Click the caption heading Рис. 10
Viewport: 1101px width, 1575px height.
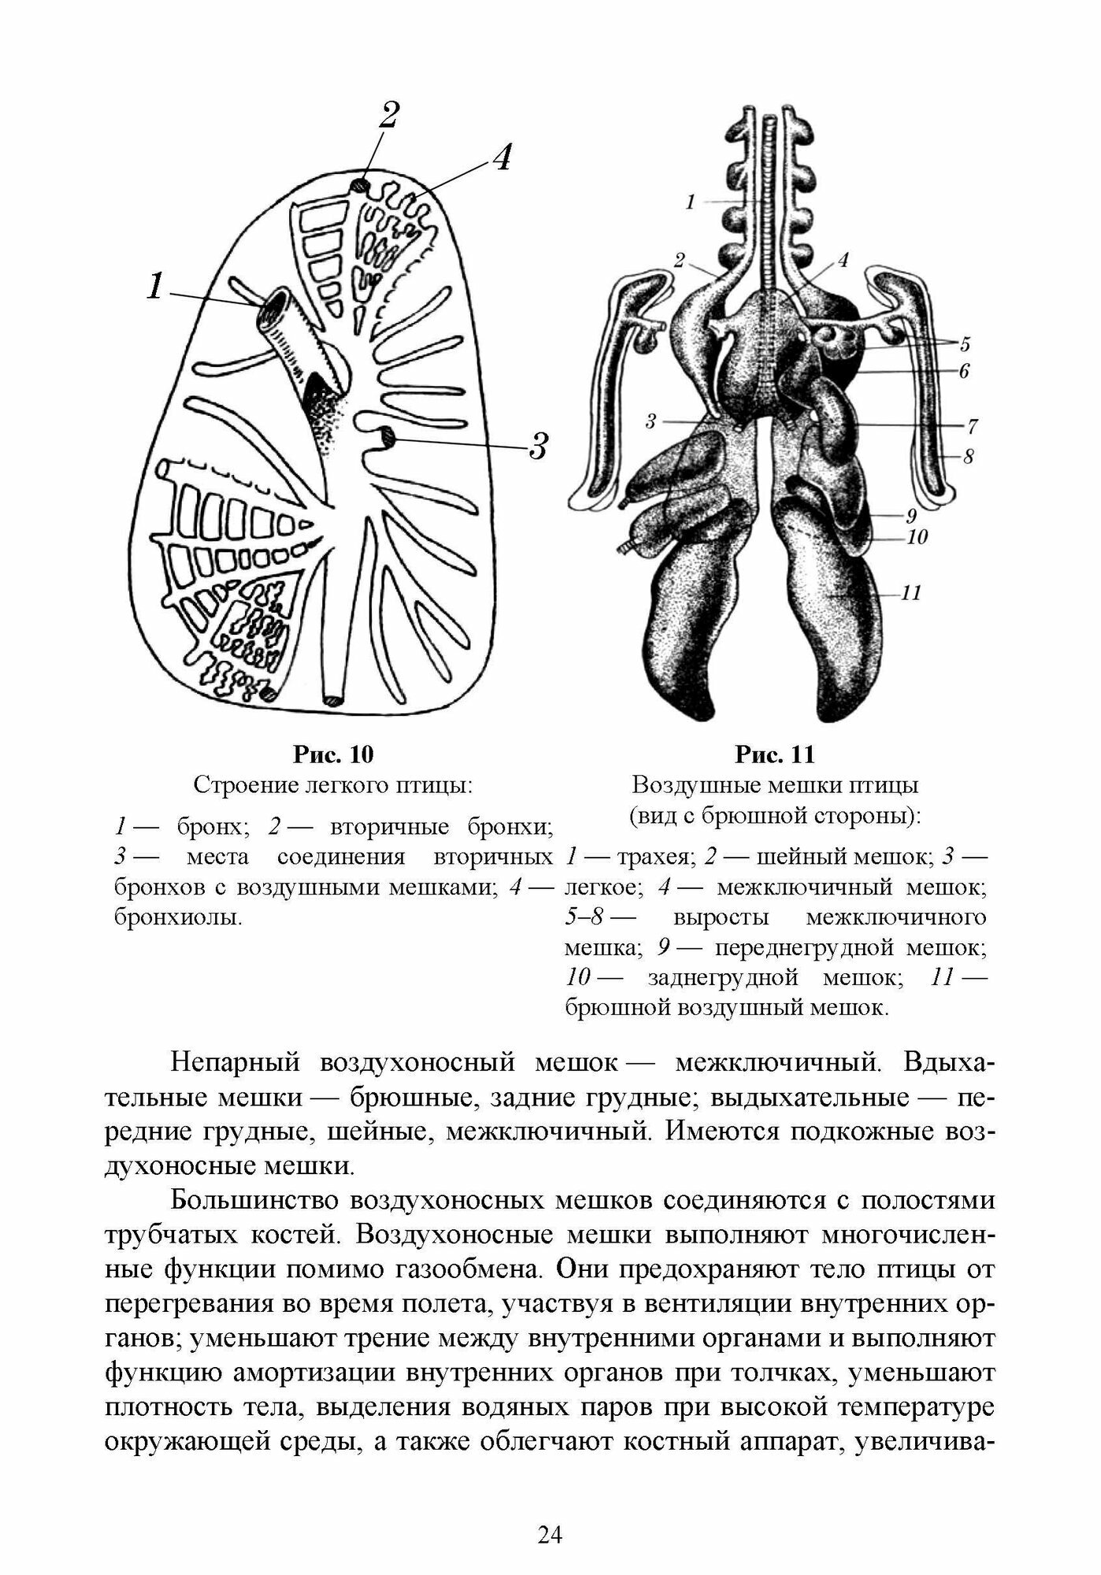(333, 754)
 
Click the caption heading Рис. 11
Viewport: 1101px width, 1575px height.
(774, 754)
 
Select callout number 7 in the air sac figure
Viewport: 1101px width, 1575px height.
(972, 426)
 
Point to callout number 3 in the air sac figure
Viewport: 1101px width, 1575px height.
(651, 423)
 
